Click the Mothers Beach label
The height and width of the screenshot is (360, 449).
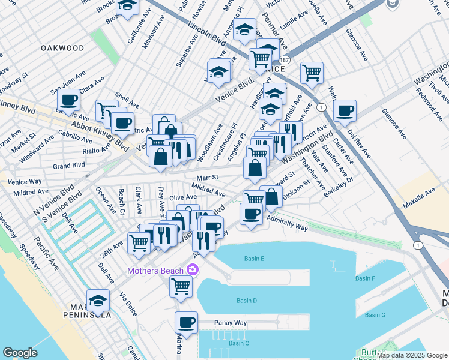click(x=155, y=271)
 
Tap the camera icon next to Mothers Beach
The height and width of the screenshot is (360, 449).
click(x=192, y=270)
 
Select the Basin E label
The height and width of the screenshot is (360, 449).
click(x=255, y=259)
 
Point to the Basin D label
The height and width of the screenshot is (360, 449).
click(x=247, y=301)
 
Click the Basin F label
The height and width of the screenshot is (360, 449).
click(x=365, y=278)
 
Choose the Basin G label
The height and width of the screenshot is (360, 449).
click(x=375, y=315)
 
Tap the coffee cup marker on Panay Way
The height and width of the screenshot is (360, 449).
click(x=186, y=323)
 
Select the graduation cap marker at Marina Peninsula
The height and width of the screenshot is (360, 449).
click(x=98, y=301)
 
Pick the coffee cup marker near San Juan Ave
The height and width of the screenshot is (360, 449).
click(x=69, y=100)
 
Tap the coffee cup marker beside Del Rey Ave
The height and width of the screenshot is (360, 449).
click(x=345, y=110)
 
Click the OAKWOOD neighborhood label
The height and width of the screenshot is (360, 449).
click(x=62, y=48)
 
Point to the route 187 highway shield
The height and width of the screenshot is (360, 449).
click(x=284, y=61)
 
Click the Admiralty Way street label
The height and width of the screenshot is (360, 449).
click(x=287, y=225)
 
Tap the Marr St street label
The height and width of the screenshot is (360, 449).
click(x=207, y=178)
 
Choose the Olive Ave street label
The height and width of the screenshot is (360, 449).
click(x=183, y=197)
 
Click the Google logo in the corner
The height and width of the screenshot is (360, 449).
click(x=20, y=353)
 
